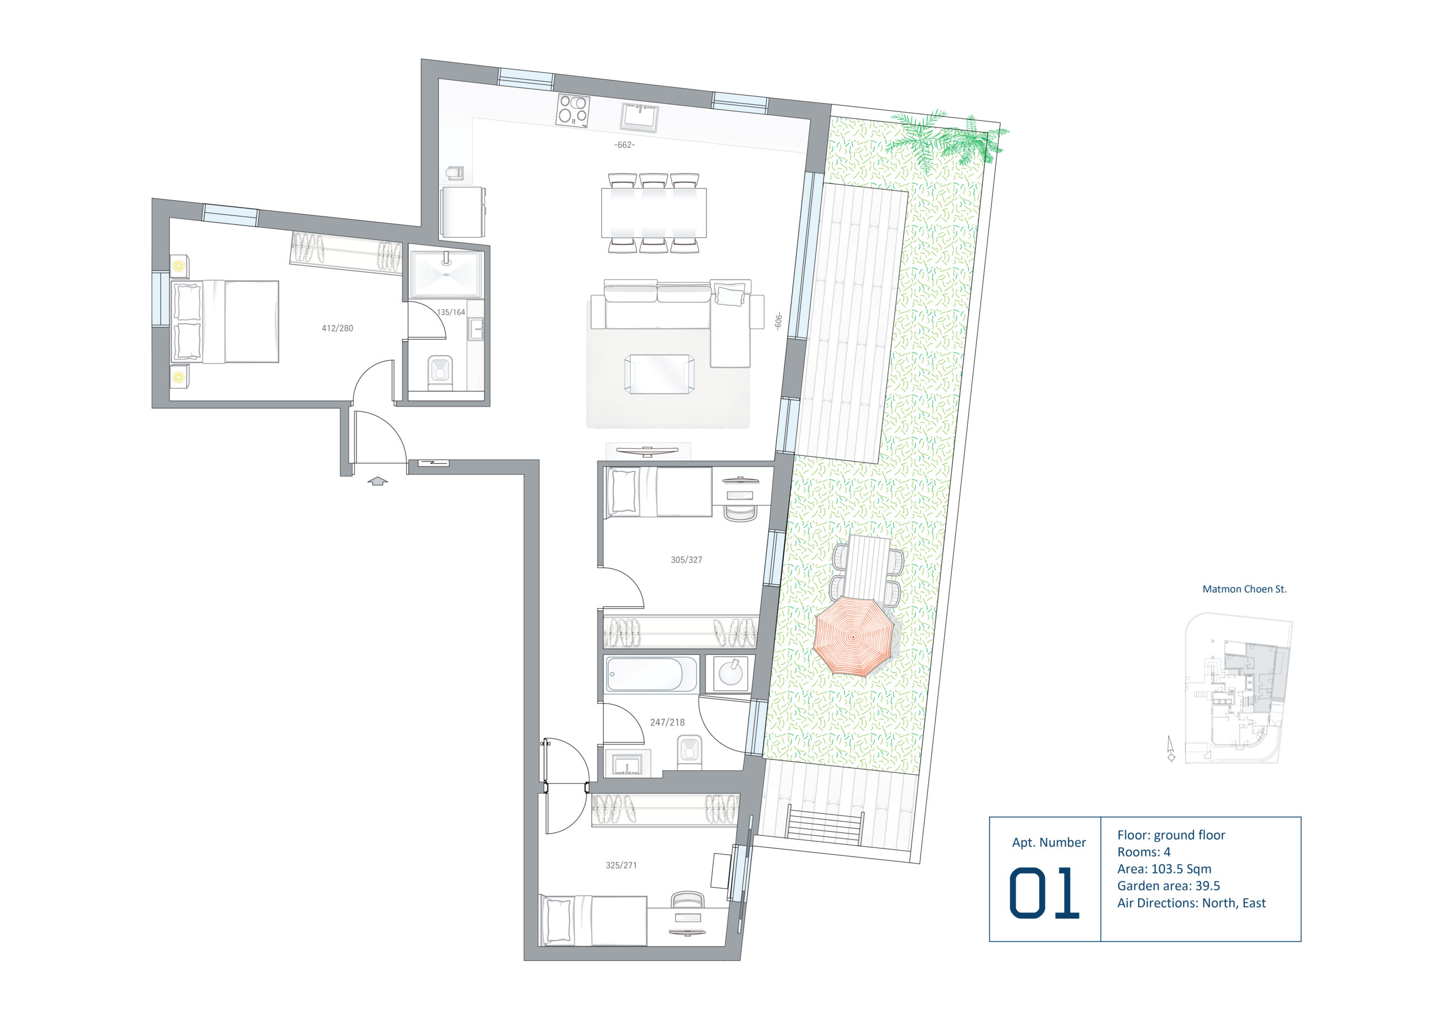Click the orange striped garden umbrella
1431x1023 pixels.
coord(853,637)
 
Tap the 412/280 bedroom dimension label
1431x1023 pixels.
coord(338,328)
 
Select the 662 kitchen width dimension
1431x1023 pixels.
coord(624,145)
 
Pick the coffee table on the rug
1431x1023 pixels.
coord(660,374)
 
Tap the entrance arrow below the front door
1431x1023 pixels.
coord(377,481)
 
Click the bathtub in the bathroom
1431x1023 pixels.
coord(650,675)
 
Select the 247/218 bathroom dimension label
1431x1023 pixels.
coord(667,723)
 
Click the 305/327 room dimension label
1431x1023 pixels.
coord(686,560)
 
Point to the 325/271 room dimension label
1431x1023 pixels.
coord(622,865)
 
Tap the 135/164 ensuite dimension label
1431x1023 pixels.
coord(451,313)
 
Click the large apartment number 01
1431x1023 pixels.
coord(1044,893)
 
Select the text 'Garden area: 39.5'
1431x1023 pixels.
coord(1168,885)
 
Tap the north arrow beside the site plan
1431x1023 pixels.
coord(1171,749)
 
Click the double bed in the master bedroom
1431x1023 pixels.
coord(225,322)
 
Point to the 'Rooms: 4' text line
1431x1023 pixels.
coord(1144,852)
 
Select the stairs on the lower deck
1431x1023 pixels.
coord(825,824)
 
